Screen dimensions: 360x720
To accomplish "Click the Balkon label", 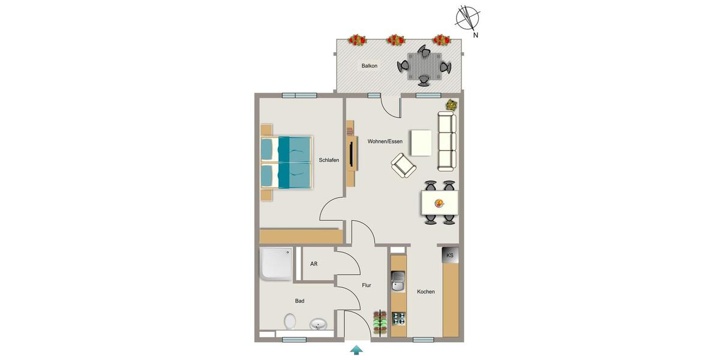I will click(x=370, y=65).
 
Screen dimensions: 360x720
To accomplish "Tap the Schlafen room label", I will click(x=329, y=160).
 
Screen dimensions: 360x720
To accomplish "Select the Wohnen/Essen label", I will click(x=385, y=142).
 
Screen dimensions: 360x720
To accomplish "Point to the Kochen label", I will click(x=426, y=292).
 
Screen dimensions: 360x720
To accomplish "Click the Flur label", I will click(x=367, y=286).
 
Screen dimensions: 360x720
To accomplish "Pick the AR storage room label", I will click(x=314, y=264).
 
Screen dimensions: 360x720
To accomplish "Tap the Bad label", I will click(x=299, y=301).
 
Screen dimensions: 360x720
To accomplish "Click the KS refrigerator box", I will click(x=450, y=256).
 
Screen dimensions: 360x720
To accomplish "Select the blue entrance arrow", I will click(x=356, y=349).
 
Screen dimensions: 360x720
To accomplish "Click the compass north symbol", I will click(x=467, y=18).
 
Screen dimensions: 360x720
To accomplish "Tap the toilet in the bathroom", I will click(x=290, y=322).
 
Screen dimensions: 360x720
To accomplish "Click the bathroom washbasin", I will click(x=318, y=325).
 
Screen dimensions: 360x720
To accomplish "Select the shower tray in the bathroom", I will click(x=276, y=264).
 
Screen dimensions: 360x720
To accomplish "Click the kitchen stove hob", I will click(x=398, y=319).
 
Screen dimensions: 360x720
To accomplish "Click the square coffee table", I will click(x=421, y=142).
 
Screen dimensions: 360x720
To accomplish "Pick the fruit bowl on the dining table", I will click(x=439, y=203).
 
